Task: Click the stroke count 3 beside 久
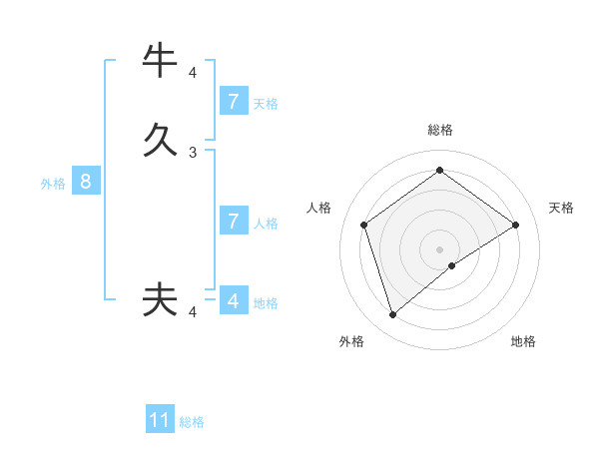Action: coord(193,153)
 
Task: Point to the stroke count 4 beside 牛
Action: coord(193,73)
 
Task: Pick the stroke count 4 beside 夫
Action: coord(193,312)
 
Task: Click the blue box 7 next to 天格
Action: coord(233,102)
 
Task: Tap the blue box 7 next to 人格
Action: coord(233,222)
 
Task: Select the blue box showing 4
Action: coord(233,300)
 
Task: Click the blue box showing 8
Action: coord(86,183)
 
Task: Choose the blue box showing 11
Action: coord(160,421)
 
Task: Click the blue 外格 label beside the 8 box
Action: coord(53,184)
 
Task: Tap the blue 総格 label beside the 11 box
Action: coord(192,422)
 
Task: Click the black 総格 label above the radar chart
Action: coord(439,130)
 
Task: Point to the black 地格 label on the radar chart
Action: coord(523,341)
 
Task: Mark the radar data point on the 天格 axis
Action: coord(515,225)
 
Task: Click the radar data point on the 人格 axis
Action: coord(363,225)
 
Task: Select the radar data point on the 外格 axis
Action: coord(392,315)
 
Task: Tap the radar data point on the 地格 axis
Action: coord(452,265)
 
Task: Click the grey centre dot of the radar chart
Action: coord(439,248)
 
